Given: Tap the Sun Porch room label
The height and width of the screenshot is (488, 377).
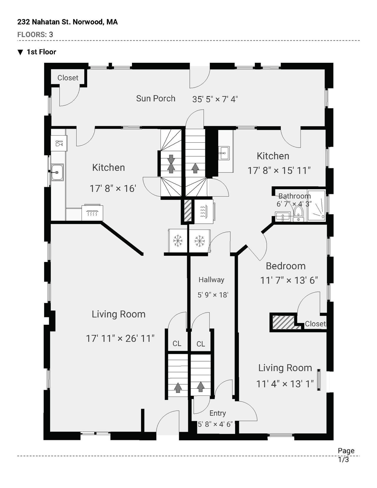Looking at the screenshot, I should [x=156, y=98].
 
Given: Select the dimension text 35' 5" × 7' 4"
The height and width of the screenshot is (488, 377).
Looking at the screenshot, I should [x=215, y=99].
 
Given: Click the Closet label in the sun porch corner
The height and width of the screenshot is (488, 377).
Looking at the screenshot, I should [x=68, y=78].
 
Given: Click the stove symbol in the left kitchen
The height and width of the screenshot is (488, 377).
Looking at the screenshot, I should [x=92, y=212].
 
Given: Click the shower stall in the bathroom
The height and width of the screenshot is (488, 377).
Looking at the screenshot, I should [x=317, y=206].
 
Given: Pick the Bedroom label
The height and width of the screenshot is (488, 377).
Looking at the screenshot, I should [x=285, y=266].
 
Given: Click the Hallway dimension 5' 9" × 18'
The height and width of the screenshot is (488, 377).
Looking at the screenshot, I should [x=213, y=295].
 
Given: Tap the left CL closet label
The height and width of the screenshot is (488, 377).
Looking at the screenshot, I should [x=177, y=344].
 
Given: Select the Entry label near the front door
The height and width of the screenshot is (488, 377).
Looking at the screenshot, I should [x=218, y=413].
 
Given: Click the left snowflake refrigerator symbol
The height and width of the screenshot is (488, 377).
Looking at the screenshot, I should [x=178, y=241].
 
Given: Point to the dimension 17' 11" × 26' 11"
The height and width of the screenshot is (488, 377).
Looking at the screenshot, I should [x=120, y=338].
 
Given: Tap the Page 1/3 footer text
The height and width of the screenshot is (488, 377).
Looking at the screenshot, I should [x=346, y=455].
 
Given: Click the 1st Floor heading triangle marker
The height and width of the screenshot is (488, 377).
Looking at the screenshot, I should [x=20, y=52].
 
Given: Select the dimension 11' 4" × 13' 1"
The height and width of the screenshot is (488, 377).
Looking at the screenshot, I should [x=285, y=384].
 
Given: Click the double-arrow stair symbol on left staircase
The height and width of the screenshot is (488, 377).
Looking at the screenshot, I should [x=171, y=164].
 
